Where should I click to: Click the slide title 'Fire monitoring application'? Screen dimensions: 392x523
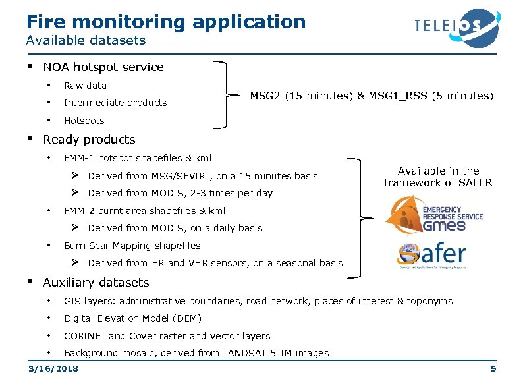tap(166, 22)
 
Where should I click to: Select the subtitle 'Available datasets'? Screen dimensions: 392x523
tap(86, 41)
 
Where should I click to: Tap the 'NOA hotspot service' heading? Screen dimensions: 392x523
tap(103, 67)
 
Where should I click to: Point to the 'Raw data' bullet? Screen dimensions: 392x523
tap(85, 86)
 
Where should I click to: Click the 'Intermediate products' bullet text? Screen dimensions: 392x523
tap(115, 103)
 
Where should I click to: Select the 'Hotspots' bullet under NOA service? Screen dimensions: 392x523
tap(84, 121)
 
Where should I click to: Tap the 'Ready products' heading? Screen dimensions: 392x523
tap(89, 140)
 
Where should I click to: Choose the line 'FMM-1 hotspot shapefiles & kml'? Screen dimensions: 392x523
tap(138, 158)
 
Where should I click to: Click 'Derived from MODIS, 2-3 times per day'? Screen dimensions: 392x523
tap(180, 193)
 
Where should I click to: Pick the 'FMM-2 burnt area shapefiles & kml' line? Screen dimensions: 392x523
tap(144, 211)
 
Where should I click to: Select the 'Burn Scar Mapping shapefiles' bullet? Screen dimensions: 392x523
tap(132, 246)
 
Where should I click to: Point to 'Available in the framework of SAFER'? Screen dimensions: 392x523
tap(438, 177)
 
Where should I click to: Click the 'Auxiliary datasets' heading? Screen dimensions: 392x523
tap(96, 283)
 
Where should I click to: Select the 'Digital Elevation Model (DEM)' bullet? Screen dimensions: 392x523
tap(132, 318)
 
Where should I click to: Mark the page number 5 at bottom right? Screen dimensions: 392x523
tap(493, 368)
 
